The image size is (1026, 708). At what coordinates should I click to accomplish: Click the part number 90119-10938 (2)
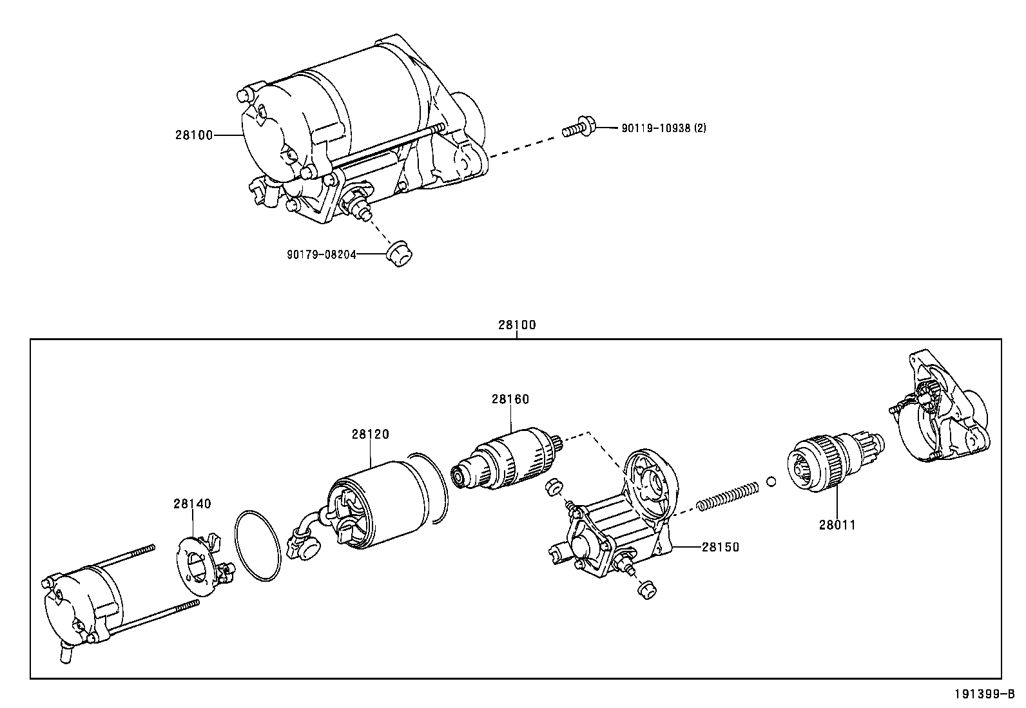pyautogui.click(x=663, y=128)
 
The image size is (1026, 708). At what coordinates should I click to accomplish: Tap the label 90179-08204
pyautogui.click(x=321, y=254)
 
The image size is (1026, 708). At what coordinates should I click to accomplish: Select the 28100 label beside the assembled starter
pyautogui.click(x=193, y=135)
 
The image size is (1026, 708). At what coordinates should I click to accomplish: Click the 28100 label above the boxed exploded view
pyautogui.click(x=516, y=325)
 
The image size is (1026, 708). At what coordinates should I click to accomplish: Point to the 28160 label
pyautogui.click(x=510, y=399)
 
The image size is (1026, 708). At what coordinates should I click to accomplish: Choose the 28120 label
pyautogui.click(x=370, y=434)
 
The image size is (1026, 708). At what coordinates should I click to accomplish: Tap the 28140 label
pyautogui.click(x=191, y=504)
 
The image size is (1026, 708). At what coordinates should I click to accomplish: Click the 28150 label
pyautogui.click(x=720, y=547)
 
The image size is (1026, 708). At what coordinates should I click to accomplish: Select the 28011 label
pyautogui.click(x=837, y=524)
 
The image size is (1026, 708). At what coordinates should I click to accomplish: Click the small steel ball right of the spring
pyautogui.click(x=771, y=481)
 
